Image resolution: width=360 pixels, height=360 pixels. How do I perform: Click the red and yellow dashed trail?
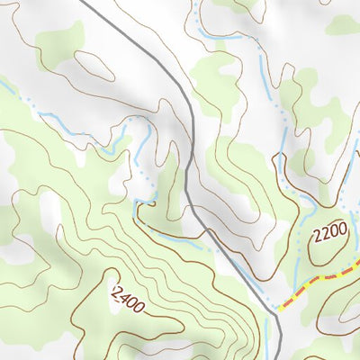point(315,286)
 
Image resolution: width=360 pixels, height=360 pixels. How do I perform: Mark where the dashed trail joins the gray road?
point(278,310)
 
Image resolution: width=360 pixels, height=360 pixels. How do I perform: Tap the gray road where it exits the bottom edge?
point(282,357)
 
